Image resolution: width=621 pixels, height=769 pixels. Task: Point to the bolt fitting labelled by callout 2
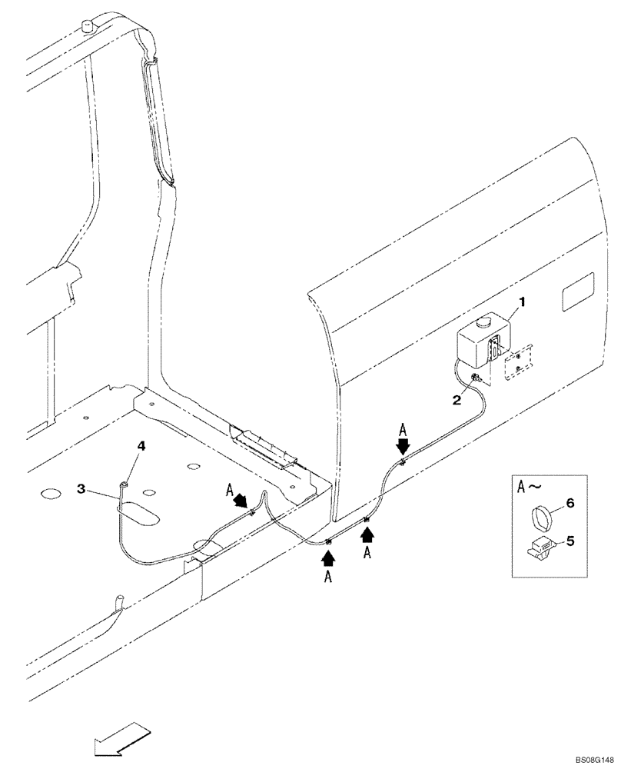[477, 377]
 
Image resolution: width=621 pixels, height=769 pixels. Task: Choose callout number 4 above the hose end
[141, 445]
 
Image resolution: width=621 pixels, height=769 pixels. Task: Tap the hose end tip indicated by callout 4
[123, 483]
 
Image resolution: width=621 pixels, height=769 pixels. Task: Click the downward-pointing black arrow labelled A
[403, 446]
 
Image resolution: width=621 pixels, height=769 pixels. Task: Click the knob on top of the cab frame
[88, 28]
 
